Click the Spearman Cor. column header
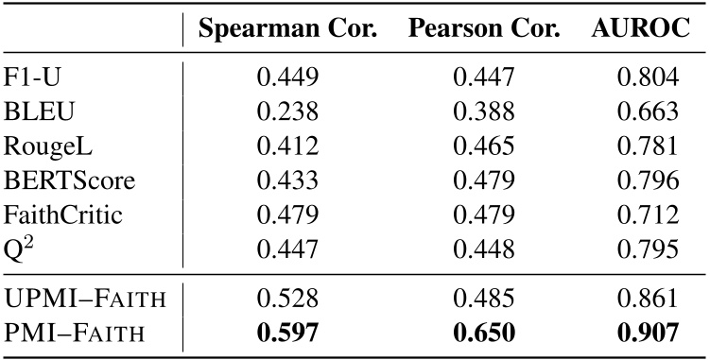tap(288, 30)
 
